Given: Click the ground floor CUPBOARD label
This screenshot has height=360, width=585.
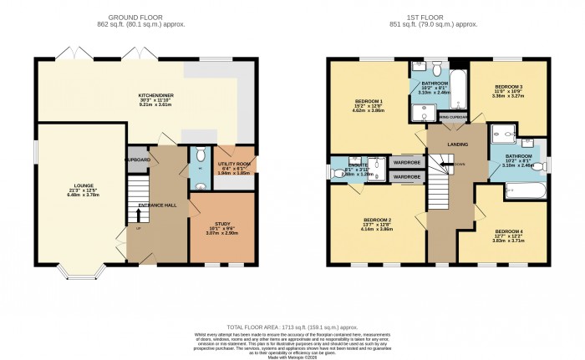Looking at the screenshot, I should coord(138,160).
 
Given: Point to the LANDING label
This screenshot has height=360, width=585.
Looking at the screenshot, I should coord(456,144).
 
